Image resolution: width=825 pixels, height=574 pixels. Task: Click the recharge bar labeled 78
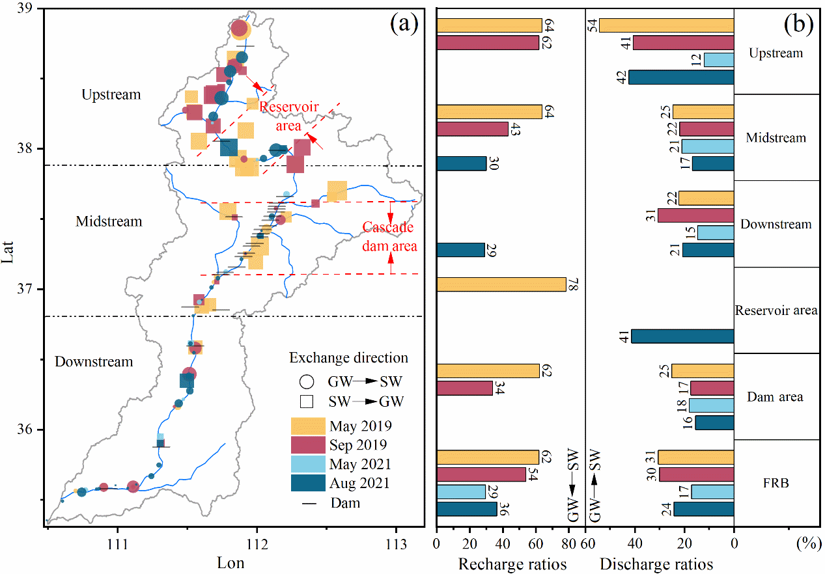(501, 284)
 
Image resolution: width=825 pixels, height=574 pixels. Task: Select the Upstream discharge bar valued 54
(666, 25)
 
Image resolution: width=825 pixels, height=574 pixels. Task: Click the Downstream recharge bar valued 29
(460, 250)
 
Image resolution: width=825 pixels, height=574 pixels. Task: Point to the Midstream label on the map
(109, 221)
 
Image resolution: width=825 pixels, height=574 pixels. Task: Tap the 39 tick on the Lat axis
(30, 8)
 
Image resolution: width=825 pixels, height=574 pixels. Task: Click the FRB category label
(776, 483)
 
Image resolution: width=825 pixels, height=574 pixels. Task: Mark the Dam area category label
(776, 396)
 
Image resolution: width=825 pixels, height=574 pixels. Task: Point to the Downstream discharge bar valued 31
(695, 215)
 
